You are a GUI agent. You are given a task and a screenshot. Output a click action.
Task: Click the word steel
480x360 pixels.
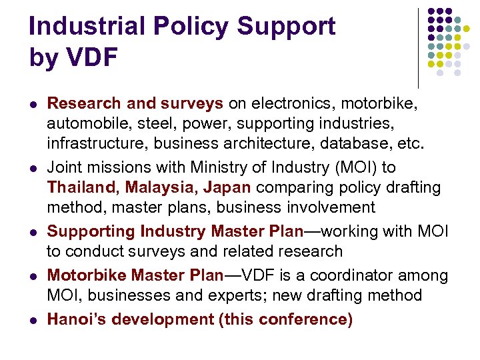(149, 123)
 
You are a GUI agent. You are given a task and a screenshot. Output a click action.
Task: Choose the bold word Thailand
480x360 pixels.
(77, 187)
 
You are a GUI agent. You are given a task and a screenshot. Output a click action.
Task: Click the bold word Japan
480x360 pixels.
(224, 187)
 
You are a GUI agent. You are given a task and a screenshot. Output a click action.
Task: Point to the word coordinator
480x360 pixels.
(364, 275)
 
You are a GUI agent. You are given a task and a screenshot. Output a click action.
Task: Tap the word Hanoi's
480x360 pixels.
(76, 319)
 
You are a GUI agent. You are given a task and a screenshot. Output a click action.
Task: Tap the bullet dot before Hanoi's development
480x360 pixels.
(34, 320)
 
